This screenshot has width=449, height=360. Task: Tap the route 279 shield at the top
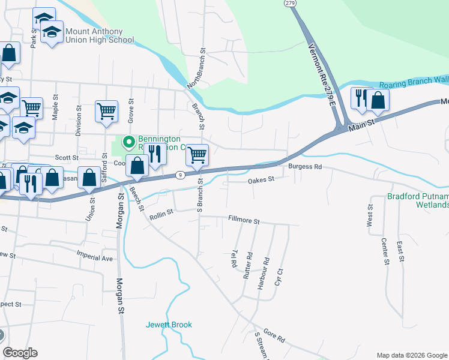click(290, 4)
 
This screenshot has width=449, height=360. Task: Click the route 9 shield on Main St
click(179, 175)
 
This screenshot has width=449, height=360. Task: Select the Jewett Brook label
click(169, 325)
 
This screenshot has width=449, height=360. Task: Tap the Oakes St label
click(261, 179)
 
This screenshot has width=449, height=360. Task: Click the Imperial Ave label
click(94, 258)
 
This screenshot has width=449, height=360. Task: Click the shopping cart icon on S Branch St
click(197, 155)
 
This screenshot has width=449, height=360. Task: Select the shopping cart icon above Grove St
click(106, 111)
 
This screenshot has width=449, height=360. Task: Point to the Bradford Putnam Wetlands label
click(418, 200)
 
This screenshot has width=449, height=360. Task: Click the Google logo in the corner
click(20, 353)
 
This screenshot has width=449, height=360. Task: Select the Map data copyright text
click(411, 355)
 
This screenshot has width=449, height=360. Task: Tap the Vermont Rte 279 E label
click(321, 77)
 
